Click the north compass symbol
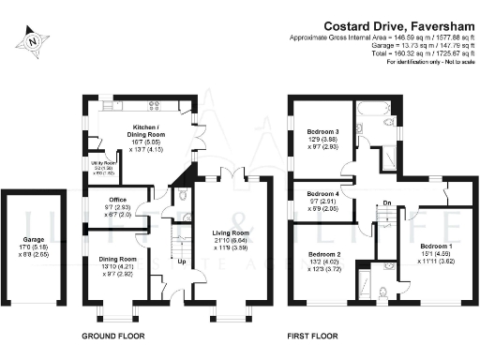point(34,40)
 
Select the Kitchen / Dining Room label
point(151,131)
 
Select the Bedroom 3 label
point(322,133)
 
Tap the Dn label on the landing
point(385,202)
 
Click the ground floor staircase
point(174,248)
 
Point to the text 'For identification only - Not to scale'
point(417,65)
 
